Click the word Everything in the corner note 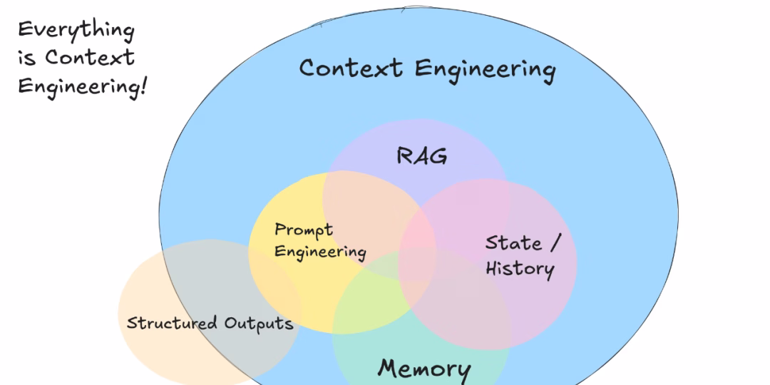(x=76, y=31)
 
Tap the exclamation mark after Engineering (x=144, y=86)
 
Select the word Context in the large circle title (x=351, y=68)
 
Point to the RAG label (x=422, y=155)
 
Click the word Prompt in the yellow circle (x=304, y=230)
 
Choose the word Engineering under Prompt (x=320, y=252)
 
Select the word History (x=520, y=268)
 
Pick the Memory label (x=424, y=369)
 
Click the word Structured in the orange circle (x=172, y=323)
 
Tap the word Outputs (x=259, y=323)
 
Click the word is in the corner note (x=26, y=58)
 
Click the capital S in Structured (x=131, y=323)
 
